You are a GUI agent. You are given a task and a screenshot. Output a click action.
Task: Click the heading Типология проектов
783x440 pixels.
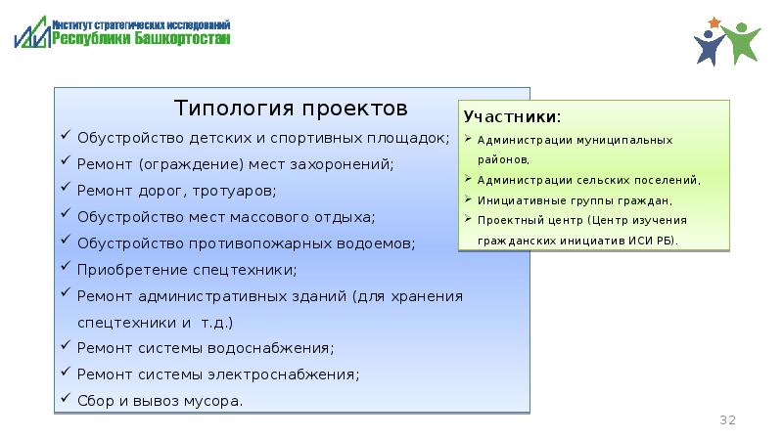pyautogui.click(x=289, y=106)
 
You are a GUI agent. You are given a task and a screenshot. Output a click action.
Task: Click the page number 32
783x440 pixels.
pyautogui.click(x=727, y=419)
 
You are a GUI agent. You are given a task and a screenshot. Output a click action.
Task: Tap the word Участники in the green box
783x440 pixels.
pyautogui.click(x=511, y=118)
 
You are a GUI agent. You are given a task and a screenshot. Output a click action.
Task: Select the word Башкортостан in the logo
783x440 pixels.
pyautogui.click(x=185, y=39)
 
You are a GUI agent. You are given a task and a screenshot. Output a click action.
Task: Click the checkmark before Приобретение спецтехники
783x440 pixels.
pyautogui.click(x=65, y=268)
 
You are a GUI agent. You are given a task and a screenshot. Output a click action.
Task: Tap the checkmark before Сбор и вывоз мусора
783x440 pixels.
pyautogui.click(x=65, y=400)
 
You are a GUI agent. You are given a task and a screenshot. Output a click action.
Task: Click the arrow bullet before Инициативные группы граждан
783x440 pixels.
pyautogui.click(x=470, y=198)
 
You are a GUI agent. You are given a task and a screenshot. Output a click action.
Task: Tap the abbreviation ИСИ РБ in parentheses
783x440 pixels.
pyautogui.click(x=648, y=240)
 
